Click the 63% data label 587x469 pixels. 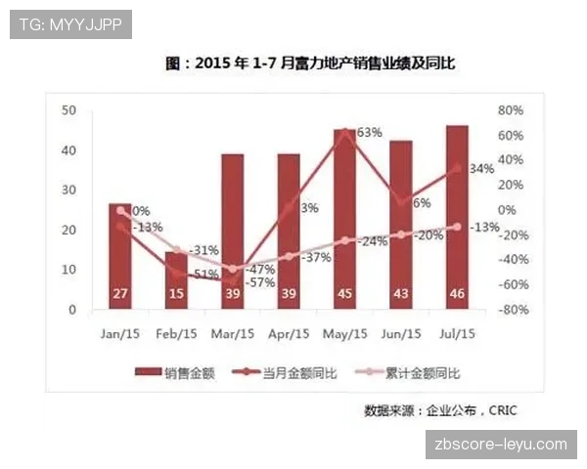tap(369, 132)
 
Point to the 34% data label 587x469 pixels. tap(481, 169)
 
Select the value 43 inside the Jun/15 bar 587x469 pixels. tap(401, 293)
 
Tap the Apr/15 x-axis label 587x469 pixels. tap(288, 333)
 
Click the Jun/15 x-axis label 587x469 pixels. tap(400, 333)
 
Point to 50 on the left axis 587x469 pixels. tap(68, 110)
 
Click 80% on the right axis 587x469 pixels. tap(512, 110)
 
